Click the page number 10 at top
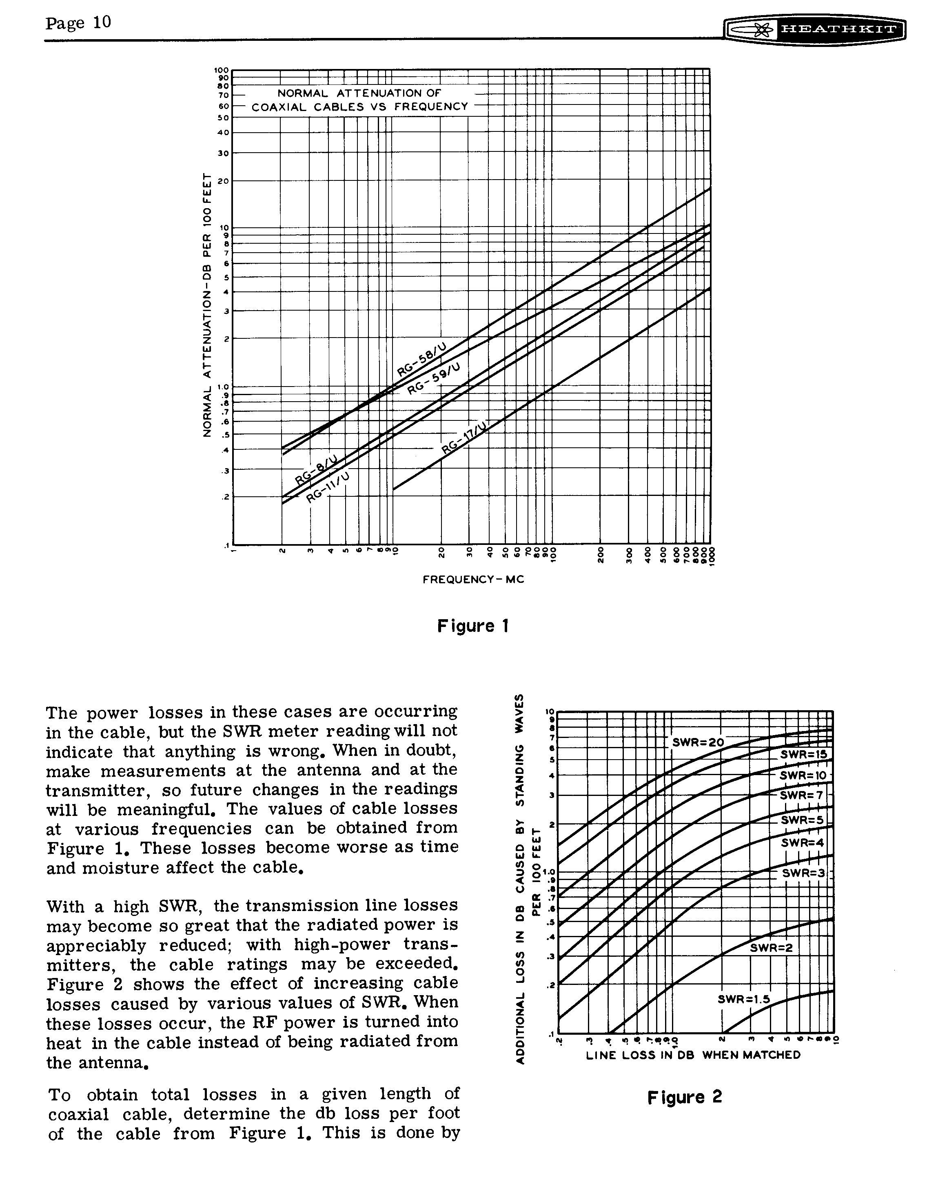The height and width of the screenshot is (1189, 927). [x=102, y=22]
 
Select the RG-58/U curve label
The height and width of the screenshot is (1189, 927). [x=422, y=360]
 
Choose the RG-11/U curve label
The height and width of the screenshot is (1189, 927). [x=328, y=488]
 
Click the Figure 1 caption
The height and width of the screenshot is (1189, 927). [x=472, y=626]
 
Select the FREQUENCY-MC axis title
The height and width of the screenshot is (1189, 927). [x=473, y=579]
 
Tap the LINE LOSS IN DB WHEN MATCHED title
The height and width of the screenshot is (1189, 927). [x=693, y=1055]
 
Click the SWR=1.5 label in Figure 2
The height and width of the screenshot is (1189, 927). [x=743, y=999]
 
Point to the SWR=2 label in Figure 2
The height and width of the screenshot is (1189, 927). [x=771, y=948]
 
